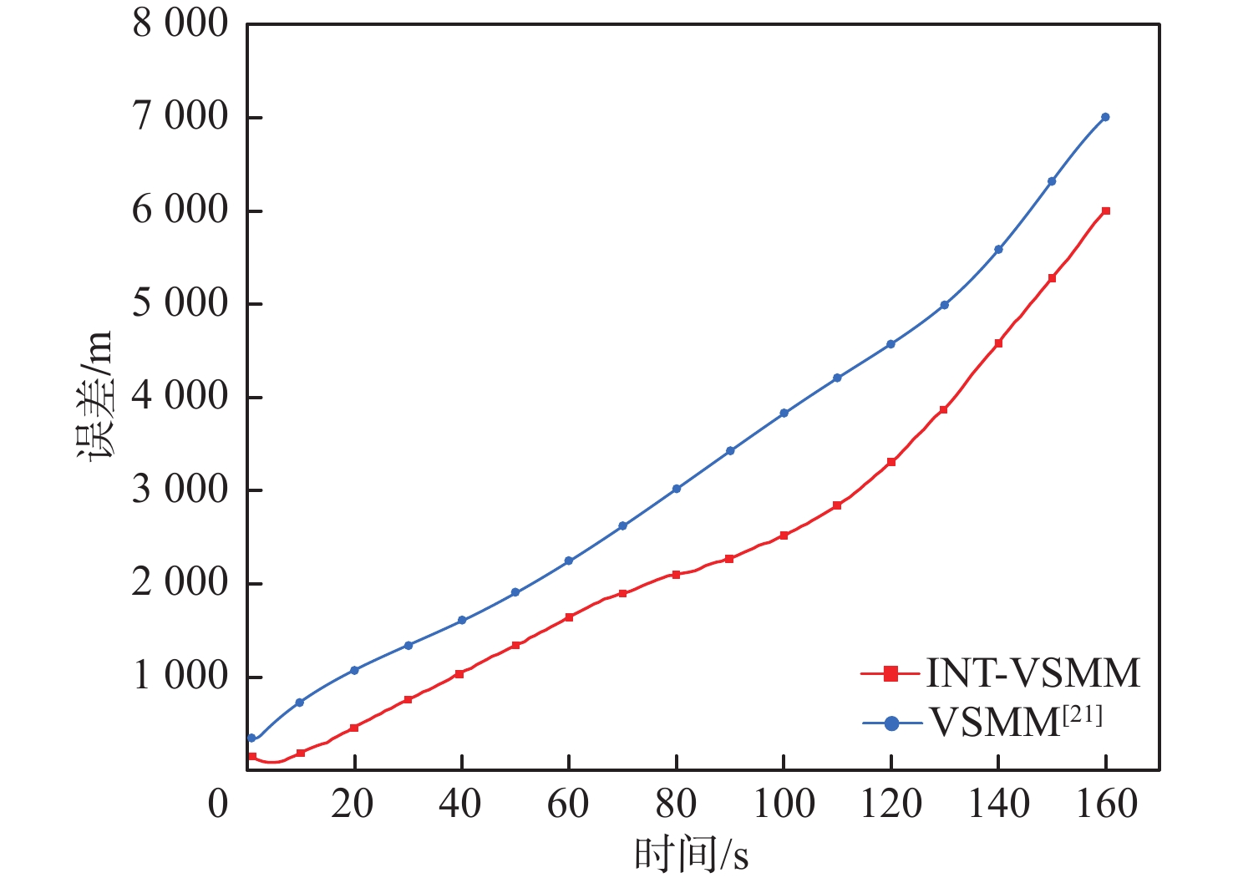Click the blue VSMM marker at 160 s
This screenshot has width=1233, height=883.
1105,117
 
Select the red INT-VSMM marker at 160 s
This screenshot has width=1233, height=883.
1106,211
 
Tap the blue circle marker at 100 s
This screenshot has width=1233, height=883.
784,413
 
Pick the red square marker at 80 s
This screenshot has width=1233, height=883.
676,575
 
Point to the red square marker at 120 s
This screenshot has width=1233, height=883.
891,462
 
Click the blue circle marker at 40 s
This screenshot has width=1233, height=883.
462,620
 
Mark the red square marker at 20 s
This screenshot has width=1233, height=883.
354,728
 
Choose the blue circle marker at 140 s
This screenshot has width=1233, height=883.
998,249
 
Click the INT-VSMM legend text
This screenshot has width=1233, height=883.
1033,672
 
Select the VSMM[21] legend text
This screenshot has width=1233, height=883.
1015,721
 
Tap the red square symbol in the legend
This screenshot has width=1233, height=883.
890,672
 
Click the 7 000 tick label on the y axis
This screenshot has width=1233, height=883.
180,116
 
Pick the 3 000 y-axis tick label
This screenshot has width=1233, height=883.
180,490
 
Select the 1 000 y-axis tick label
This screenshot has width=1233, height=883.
180,676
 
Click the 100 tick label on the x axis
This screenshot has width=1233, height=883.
784,804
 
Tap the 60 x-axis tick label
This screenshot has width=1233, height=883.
569,804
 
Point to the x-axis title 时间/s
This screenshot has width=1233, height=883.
692,855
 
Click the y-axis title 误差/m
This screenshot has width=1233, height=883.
94,397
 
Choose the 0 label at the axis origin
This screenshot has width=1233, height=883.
218,804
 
